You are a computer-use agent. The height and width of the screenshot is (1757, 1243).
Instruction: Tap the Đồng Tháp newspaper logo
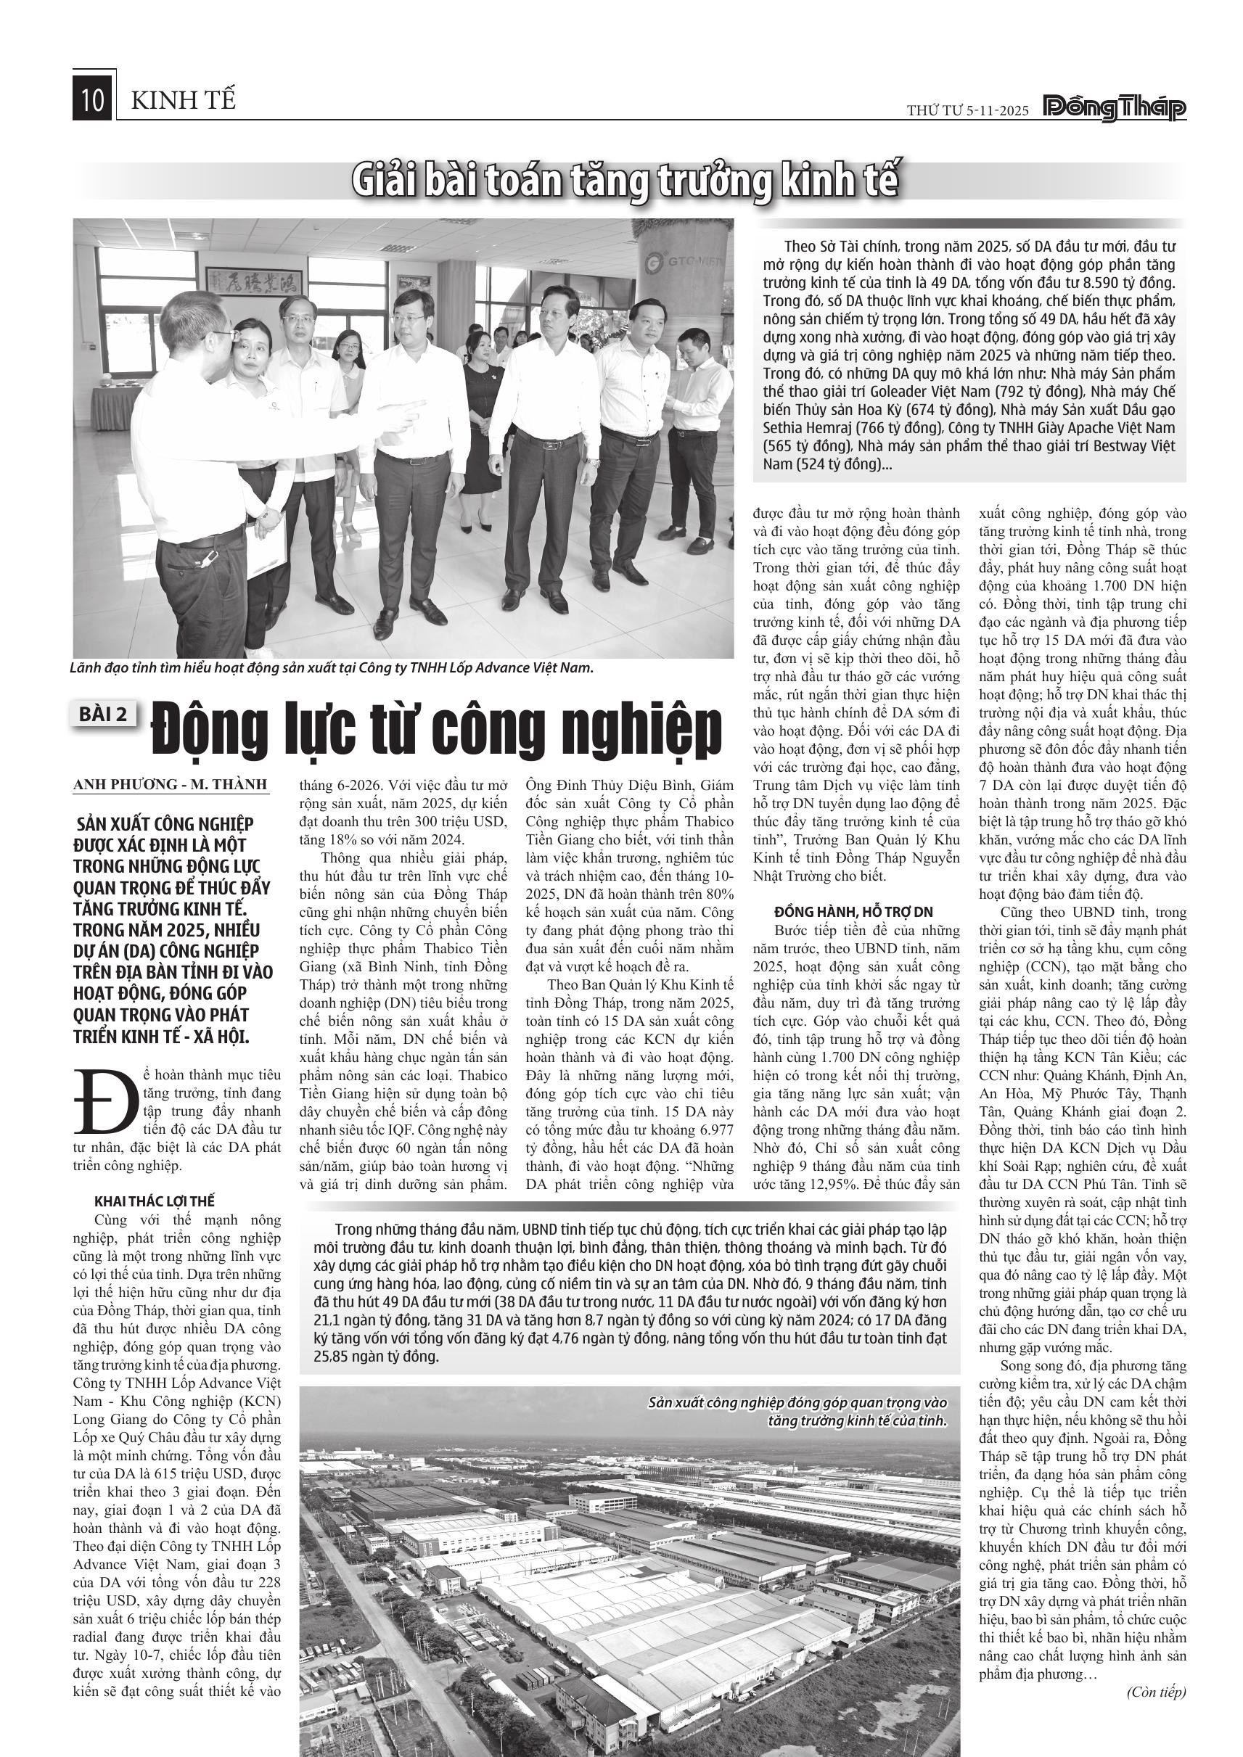[x=1115, y=110]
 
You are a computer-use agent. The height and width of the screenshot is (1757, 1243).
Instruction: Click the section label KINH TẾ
[x=184, y=100]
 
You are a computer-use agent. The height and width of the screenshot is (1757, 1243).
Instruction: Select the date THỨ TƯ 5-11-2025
[x=967, y=111]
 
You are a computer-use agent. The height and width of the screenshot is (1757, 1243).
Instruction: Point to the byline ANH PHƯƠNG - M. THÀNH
[x=171, y=784]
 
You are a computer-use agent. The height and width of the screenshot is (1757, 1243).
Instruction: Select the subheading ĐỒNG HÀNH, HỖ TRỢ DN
[x=853, y=911]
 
